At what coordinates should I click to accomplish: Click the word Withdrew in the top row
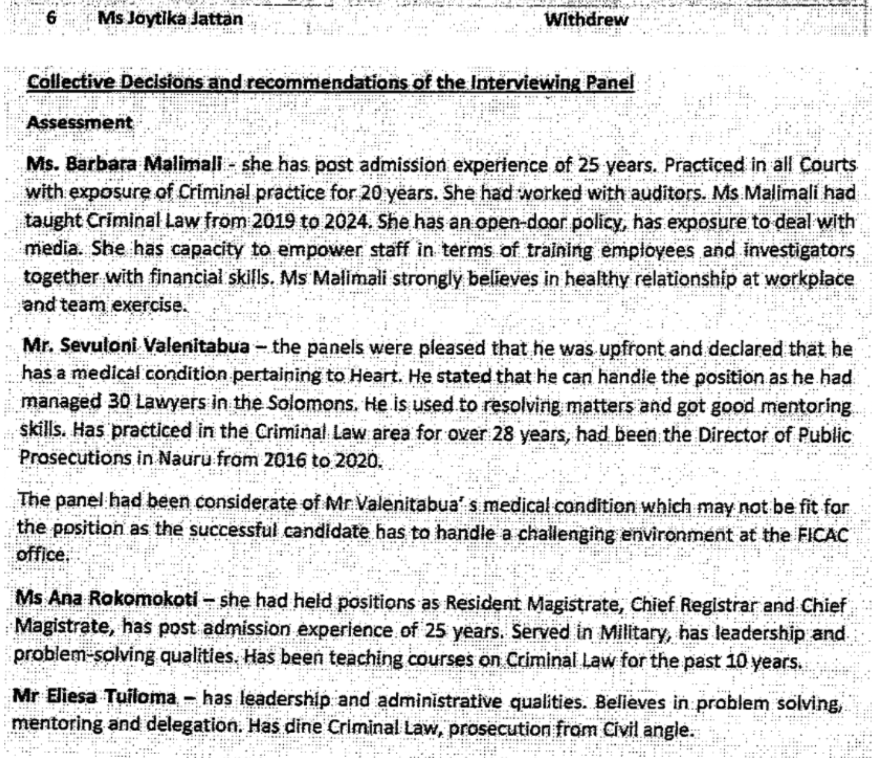[586, 20]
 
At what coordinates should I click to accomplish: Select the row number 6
[51, 18]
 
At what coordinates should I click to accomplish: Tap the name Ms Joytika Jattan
[170, 19]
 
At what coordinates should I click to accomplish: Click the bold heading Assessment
[79, 122]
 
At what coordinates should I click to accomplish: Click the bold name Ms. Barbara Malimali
[124, 165]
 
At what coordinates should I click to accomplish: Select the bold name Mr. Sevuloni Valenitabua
[136, 346]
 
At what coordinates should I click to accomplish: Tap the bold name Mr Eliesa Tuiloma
[95, 697]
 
